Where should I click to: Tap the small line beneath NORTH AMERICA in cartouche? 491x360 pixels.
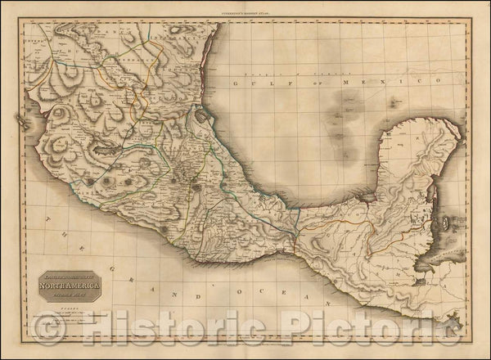click(x=70, y=275)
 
